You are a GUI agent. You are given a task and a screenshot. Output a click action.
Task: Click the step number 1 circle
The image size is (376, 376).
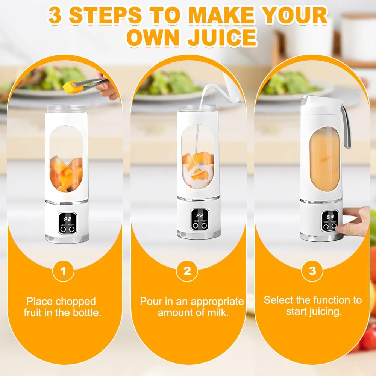(x=63, y=271)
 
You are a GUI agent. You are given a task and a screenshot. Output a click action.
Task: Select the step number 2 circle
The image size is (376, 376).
(x=187, y=271)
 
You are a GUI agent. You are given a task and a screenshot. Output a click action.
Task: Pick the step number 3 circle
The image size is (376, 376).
(x=312, y=271)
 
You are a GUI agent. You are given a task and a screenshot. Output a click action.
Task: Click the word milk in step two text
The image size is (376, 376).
(x=217, y=313)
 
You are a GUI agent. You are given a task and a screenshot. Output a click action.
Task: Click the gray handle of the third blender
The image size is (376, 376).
(x=346, y=127)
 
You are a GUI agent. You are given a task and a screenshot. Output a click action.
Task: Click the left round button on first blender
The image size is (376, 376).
(x=63, y=229)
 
